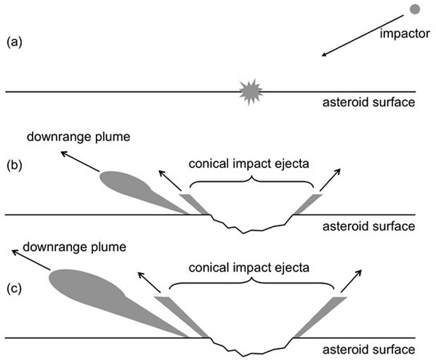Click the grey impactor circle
tap(415, 9)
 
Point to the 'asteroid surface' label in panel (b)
tap(368, 227)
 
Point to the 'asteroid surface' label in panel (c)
tap(368, 350)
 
